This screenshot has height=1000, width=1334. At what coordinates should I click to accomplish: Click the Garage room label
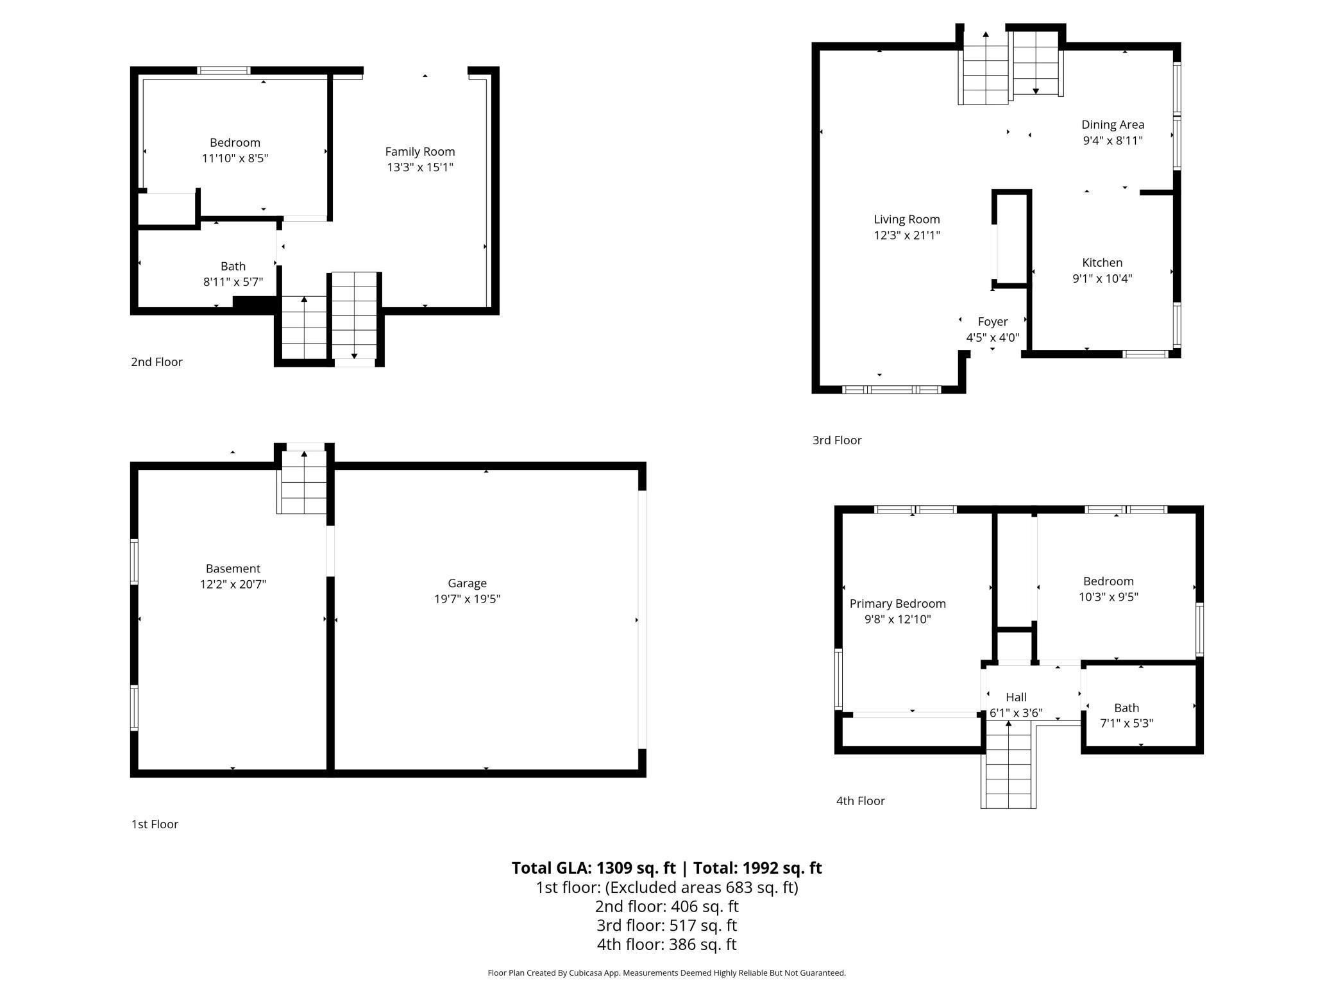pyautogui.click(x=467, y=583)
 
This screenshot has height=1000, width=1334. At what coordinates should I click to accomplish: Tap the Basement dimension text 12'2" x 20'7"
pyautogui.click(x=233, y=584)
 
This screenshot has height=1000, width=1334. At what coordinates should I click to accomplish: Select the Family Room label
pyautogui.click(x=420, y=152)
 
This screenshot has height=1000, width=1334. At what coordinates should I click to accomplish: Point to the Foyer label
pyautogui.click(x=992, y=322)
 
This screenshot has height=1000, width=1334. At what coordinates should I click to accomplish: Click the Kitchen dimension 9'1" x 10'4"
pyautogui.click(x=1102, y=278)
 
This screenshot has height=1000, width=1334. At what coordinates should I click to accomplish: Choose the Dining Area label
pyautogui.click(x=1112, y=125)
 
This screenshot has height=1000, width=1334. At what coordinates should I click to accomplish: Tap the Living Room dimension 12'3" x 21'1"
pyautogui.click(x=906, y=235)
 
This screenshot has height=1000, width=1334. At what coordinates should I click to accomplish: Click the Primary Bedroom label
pyautogui.click(x=897, y=604)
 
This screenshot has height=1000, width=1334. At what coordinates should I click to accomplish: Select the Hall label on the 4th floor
pyautogui.click(x=1016, y=697)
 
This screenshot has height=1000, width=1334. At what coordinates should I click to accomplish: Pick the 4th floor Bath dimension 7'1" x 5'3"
pyautogui.click(x=1126, y=724)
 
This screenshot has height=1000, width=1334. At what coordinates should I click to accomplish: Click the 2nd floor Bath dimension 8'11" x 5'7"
pyautogui.click(x=233, y=282)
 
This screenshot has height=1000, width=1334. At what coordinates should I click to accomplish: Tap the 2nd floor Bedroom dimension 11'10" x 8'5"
pyautogui.click(x=235, y=158)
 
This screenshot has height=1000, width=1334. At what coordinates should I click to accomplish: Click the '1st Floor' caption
pyautogui.click(x=155, y=824)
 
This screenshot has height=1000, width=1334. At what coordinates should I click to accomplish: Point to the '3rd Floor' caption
pyautogui.click(x=837, y=440)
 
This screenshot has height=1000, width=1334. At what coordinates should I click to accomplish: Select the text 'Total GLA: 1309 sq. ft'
pyautogui.click(x=593, y=868)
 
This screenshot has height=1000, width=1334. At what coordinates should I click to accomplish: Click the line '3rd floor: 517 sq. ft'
pyautogui.click(x=666, y=926)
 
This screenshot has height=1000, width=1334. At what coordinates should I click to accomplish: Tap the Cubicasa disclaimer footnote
pyautogui.click(x=666, y=973)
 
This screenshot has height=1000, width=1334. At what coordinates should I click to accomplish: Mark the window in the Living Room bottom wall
pyautogui.click(x=891, y=390)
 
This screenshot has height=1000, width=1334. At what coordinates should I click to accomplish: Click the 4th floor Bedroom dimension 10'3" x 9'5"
pyautogui.click(x=1108, y=597)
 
